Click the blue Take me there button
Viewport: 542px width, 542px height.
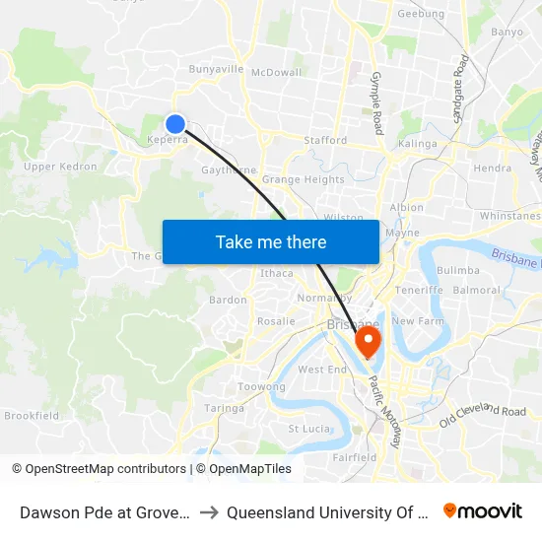coord(271,241)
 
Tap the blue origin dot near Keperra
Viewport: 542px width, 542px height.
coord(174,123)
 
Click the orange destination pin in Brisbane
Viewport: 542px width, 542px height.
coord(368,342)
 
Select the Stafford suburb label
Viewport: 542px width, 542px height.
coord(325,141)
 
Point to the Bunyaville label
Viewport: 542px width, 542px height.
coord(216,69)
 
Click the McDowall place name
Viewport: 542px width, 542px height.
coord(276,72)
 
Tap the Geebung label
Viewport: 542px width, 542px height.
coord(420,15)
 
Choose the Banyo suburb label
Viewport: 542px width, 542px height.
coord(507,32)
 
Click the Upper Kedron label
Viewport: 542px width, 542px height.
coord(60,167)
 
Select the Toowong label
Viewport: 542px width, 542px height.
coord(261,387)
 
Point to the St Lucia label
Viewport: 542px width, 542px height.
coord(307,429)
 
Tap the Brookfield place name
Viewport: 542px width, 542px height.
coord(32,416)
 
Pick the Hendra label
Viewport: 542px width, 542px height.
coord(492,169)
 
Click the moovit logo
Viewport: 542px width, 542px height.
coord(483,510)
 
